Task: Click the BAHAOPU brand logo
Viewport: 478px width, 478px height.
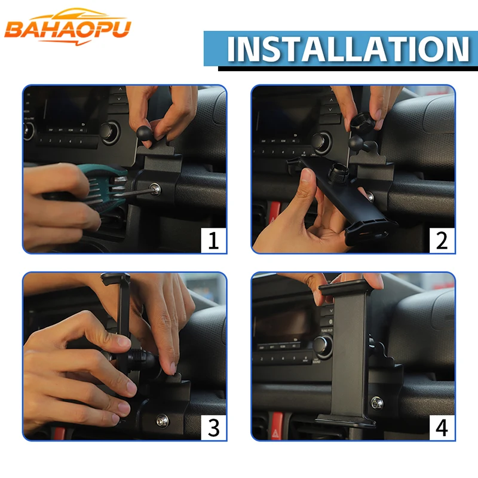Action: (68, 27)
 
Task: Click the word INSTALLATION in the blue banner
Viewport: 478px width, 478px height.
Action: (348, 49)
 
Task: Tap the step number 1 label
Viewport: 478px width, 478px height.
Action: (213, 240)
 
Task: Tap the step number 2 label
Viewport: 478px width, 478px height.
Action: (442, 240)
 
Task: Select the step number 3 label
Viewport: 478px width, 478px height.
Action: (213, 427)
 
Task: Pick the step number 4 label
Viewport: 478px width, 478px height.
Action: (442, 427)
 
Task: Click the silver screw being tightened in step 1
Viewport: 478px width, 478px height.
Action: (155, 189)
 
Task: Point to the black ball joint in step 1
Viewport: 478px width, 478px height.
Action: (143, 133)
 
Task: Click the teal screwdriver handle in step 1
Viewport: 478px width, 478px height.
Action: (107, 185)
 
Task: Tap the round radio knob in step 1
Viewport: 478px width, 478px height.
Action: (110, 132)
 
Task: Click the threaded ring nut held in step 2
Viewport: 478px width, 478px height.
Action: (362, 121)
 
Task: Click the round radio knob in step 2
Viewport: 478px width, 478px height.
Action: (320, 142)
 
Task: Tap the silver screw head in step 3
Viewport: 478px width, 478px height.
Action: (162, 421)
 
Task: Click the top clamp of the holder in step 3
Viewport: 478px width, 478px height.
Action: (116, 278)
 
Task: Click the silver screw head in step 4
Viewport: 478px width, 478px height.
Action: (377, 404)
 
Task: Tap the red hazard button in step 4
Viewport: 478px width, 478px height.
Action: (277, 427)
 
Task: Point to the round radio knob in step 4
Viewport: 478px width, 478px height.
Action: (322, 345)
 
